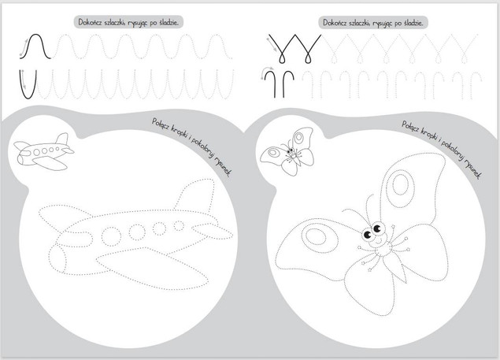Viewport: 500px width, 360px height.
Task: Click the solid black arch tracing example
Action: (x=35, y=34)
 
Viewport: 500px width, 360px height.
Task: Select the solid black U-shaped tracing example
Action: (x=28, y=98)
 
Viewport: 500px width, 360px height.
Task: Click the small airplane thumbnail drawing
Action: (x=43, y=151)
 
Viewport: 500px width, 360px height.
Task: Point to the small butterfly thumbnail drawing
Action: (x=287, y=151)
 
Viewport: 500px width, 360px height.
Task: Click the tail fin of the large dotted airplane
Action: (x=194, y=195)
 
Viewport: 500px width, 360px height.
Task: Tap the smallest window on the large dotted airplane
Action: (x=179, y=225)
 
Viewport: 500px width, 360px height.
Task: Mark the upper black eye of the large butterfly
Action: (x=377, y=228)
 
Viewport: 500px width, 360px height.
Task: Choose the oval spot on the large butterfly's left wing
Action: (x=317, y=238)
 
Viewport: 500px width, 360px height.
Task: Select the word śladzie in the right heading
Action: (x=413, y=23)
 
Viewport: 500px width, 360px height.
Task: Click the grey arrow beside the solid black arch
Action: (x=23, y=48)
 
